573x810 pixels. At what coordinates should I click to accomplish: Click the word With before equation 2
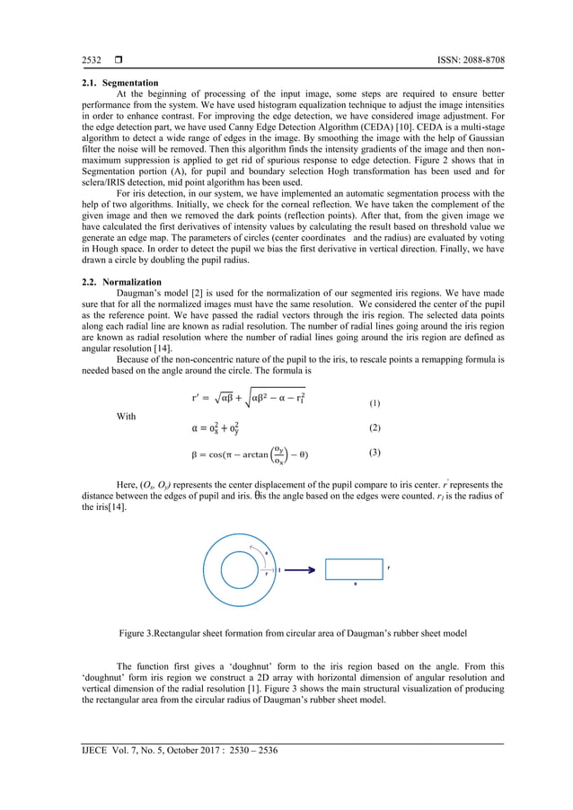128,417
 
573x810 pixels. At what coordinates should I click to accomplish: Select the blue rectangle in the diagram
354,569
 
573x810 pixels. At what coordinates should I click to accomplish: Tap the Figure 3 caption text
286,633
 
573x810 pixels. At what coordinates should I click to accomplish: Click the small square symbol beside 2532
117,60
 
